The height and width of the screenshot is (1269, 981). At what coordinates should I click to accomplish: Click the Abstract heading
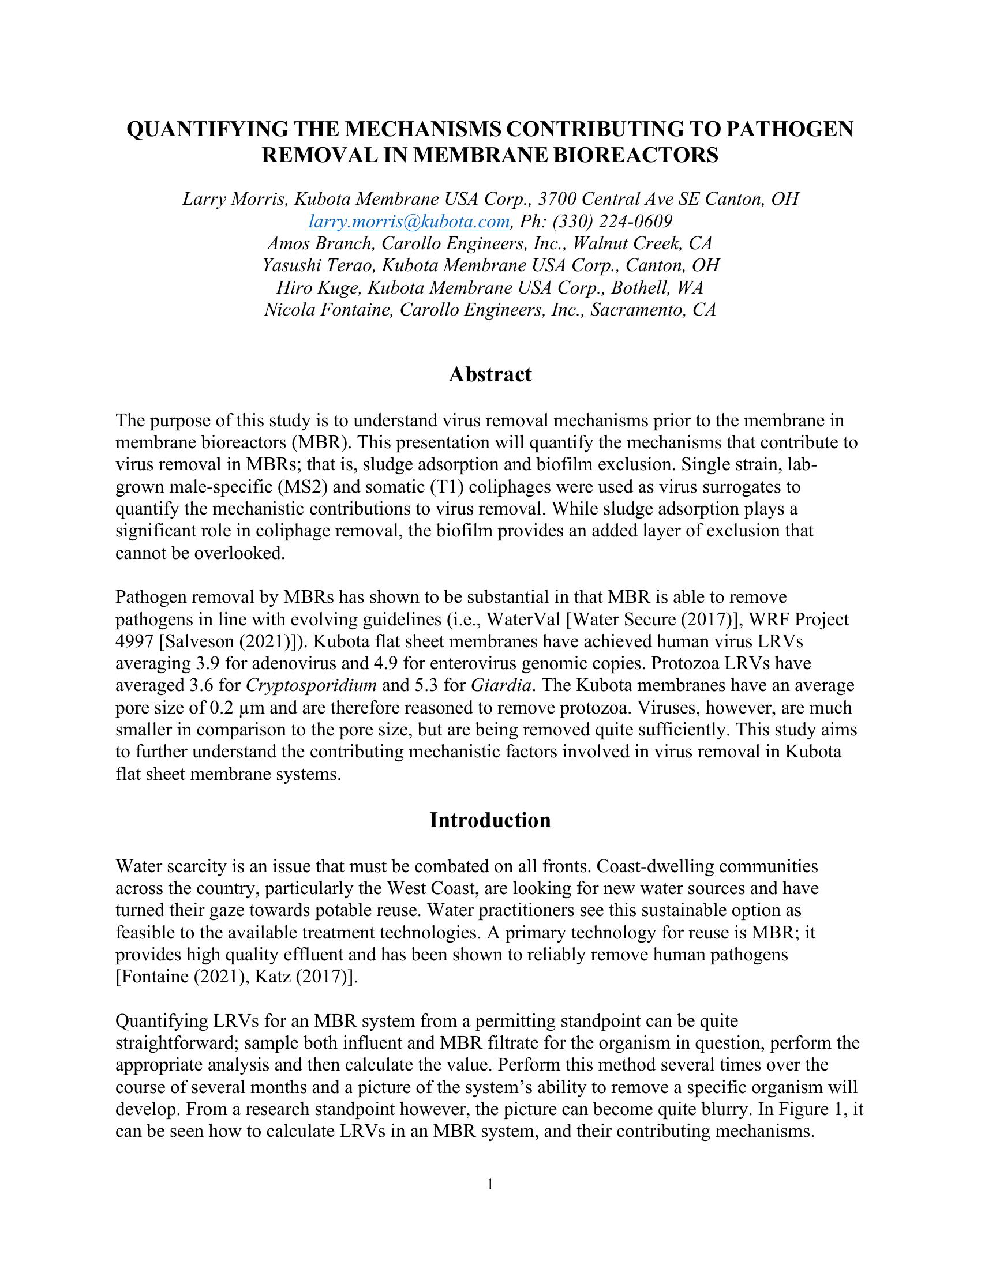[x=490, y=375]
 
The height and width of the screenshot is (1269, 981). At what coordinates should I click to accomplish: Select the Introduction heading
[x=490, y=820]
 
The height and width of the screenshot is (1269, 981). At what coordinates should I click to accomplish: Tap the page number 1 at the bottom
[x=490, y=1185]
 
